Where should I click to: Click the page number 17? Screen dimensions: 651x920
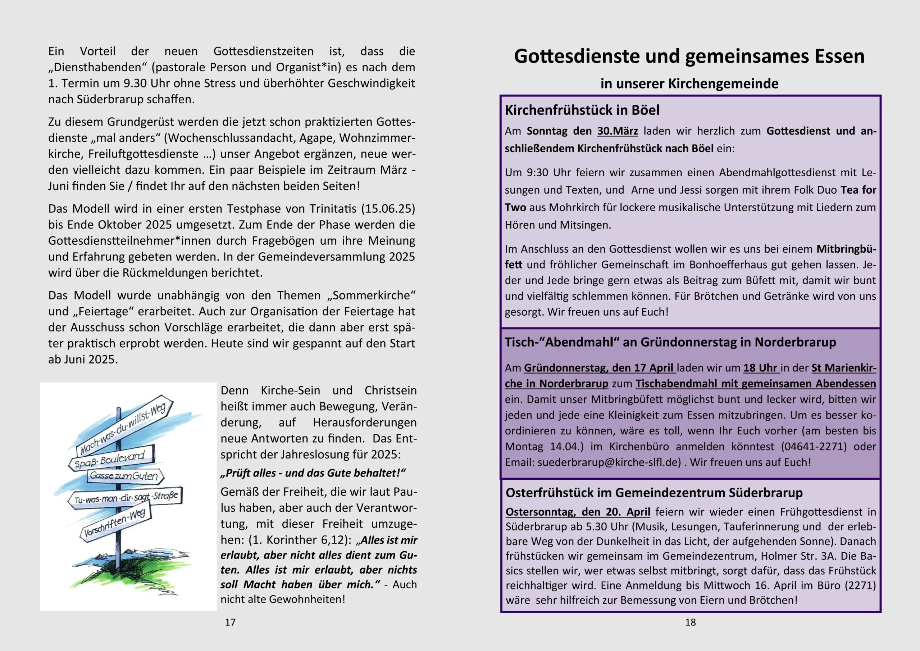coord(230,622)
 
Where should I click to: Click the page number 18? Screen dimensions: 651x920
coord(690,622)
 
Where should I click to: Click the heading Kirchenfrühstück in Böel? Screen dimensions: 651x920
coord(582,110)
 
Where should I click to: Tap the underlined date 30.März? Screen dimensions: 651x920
coord(617,131)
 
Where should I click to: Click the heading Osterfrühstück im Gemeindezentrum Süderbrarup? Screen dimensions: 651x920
coord(654,493)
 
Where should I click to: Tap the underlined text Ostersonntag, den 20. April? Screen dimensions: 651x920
coord(578,512)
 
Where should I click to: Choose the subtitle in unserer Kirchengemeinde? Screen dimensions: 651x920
coord(689,83)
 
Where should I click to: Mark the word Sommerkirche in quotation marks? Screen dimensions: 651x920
coord(371,295)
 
